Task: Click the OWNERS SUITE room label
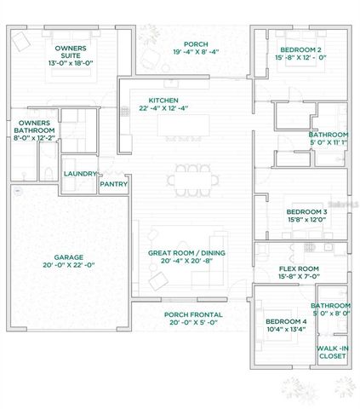coord(70,52)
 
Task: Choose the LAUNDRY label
coord(79,173)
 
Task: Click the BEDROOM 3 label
coord(306,211)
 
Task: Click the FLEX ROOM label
coord(299,266)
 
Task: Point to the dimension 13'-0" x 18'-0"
coord(70,61)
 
